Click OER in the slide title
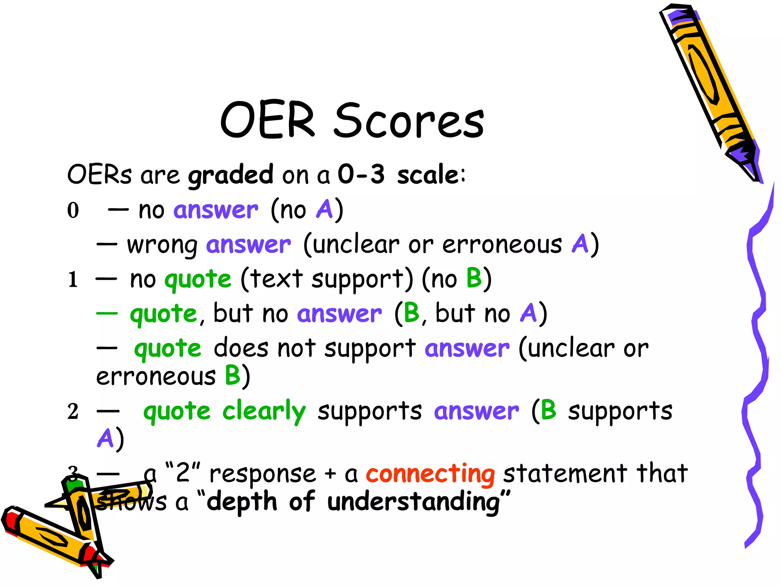(268, 121)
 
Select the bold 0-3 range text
(361, 174)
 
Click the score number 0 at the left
(73, 210)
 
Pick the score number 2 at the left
(73, 412)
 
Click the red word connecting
(430, 474)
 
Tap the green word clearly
(264, 412)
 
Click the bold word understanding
(413, 502)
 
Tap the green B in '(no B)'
(474, 278)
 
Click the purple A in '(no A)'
(325, 209)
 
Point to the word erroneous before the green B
(156, 377)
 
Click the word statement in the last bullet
(565, 474)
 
